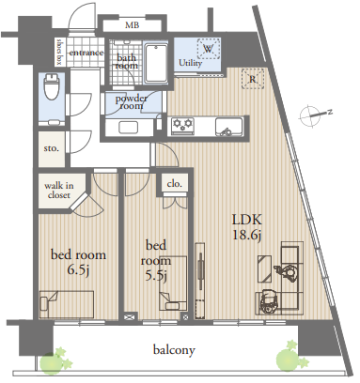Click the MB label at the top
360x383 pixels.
tap(132, 25)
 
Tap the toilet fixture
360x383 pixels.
tap(52, 86)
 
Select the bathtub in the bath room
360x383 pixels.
tap(156, 64)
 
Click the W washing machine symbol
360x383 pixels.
tap(209, 49)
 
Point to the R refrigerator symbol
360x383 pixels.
tap(253, 80)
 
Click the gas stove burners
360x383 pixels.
tap(182, 124)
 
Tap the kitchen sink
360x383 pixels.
tap(229, 127)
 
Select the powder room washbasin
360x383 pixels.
tap(128, 128)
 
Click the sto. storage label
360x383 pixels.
tap(52, 148)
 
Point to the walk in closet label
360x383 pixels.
tap(59, 191)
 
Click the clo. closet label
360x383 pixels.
tap(175, 184)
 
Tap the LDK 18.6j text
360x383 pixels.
tap(246, 227)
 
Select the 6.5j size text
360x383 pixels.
tap(78, 269)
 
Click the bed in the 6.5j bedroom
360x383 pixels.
tap(67, 304)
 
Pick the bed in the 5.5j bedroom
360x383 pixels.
tap(173, 283)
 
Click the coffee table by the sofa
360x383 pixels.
tap(264, 268)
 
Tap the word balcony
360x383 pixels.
tap(174, 349)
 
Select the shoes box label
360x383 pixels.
tap(59, 52)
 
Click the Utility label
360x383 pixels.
tap(191, 63)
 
